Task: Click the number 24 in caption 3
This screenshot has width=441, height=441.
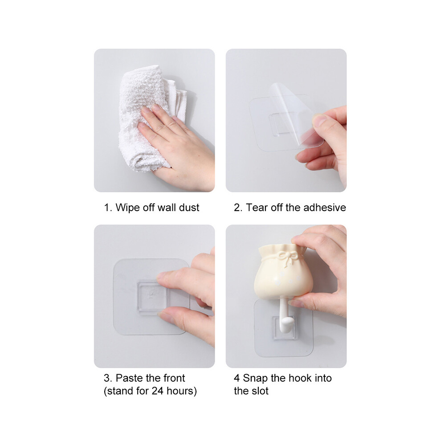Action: point(158,391)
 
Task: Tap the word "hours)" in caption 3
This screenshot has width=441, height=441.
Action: point(182,391)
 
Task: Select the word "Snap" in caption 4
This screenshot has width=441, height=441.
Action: point(255,378)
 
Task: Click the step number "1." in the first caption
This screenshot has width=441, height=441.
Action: point(108,208)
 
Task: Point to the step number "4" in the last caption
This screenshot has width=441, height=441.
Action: point(237,378)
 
